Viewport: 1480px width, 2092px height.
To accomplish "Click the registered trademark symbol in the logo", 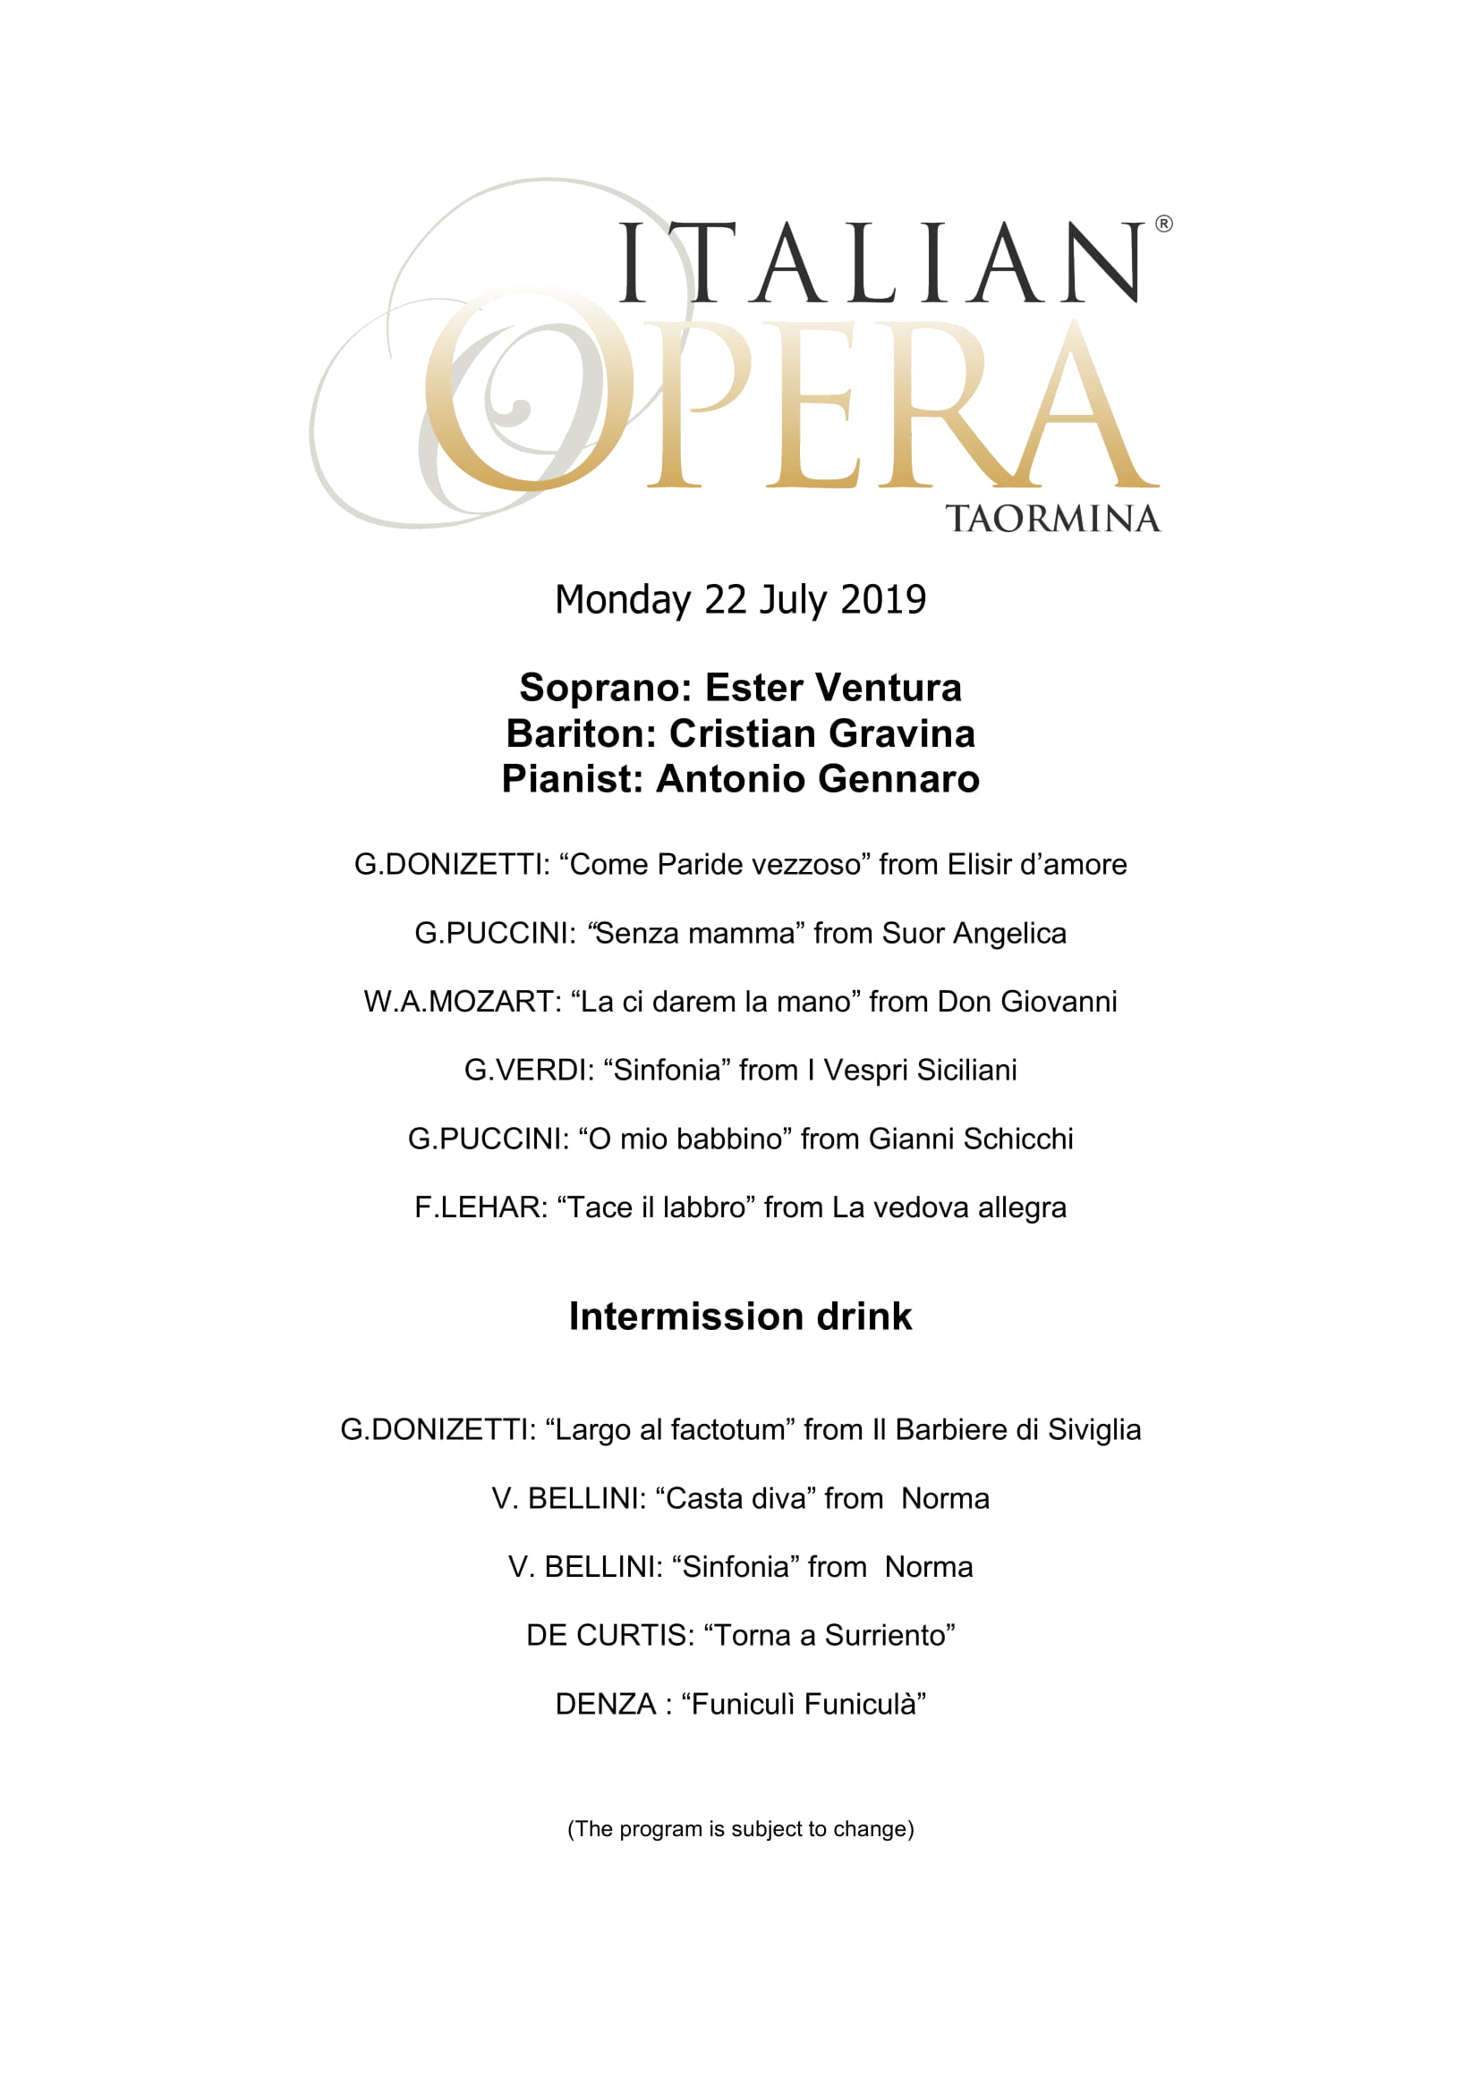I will click(x=1164, y=224).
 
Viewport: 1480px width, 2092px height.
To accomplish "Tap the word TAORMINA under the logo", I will click(x=1052, y=519).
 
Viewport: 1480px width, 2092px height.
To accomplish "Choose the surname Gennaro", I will click(x=898, y=779).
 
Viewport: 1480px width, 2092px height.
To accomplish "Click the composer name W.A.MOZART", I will click(x=462, y=1002).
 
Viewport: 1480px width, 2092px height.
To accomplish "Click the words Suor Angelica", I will click(x=974, y=933).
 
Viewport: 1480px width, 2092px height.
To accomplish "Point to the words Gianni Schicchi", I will click(x=971, y=1139).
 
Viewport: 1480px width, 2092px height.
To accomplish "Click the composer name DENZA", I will click(x=605, y=1704).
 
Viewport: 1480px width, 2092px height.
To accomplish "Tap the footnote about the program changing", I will click(x=740, y=1829).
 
